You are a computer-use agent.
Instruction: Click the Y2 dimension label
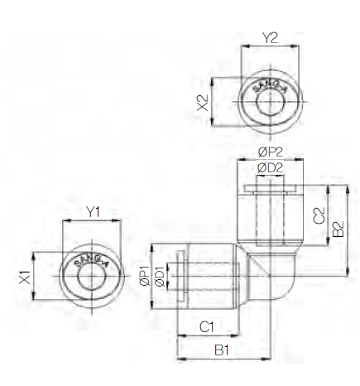[x=271, y=38]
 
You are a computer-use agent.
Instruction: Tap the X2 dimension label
[x=203, y=103]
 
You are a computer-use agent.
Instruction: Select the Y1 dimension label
[x=93, y=212]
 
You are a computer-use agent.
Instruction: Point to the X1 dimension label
[x=25, y=277]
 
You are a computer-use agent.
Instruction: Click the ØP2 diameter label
[x=271, y=152]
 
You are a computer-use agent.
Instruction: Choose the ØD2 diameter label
[x=271, y=168]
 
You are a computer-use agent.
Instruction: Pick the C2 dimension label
[x=319, y=215]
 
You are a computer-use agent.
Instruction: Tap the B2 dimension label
[x=338, y=229]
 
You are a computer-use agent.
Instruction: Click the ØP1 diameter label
[x=145, y=276]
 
